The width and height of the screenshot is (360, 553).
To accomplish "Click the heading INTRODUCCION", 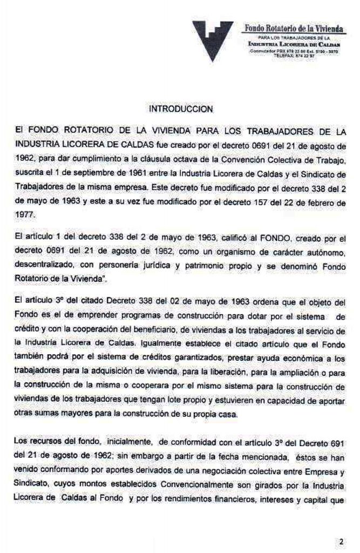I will click(180, 109).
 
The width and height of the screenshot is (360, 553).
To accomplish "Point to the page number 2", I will click(341, 541).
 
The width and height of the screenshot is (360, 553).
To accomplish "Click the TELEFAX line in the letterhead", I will click(294, 56).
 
